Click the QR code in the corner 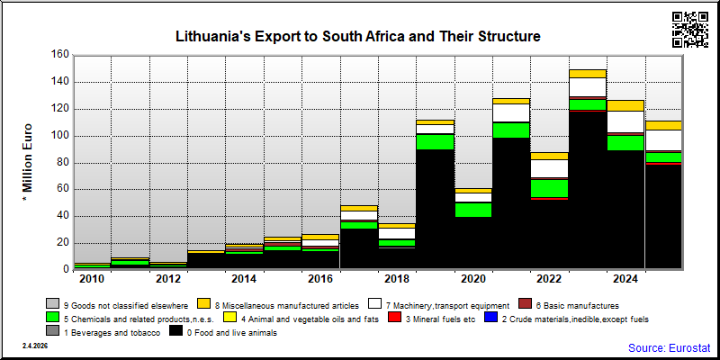click(x=690, y=30)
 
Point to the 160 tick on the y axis click(x=61, y=55)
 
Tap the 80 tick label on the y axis click(x=63, y=163)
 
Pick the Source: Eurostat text click(x=670, y=347)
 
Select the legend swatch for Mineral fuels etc click(x=394, y=318)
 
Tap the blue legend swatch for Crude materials click(x=491, y=318)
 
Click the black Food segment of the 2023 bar click(x=588, y=190)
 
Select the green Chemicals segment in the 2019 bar click(x=435, y=142)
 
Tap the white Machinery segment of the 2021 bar click(x=511, y=113)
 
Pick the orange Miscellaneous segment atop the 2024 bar click(x=625, y=105)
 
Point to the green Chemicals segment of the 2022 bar click(x=549, y=189)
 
